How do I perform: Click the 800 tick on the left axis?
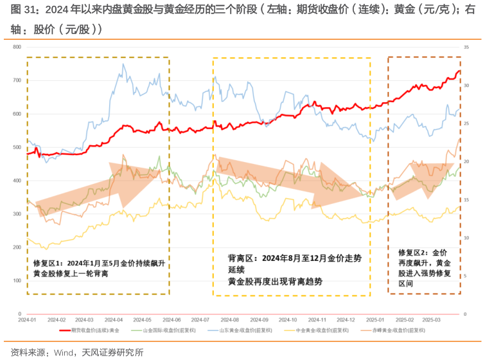point(17,48)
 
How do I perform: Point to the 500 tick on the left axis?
point(17,147)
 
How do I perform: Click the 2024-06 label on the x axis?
point(173,319)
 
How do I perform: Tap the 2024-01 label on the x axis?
point(27,319)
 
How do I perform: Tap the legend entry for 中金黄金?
point(315,330)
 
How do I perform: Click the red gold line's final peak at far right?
point(459,71)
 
